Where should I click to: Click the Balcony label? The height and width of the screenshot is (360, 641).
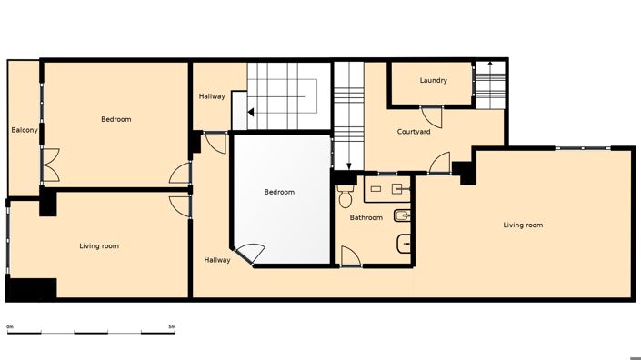click(25, 131)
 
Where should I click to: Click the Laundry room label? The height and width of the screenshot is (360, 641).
click(434, 80)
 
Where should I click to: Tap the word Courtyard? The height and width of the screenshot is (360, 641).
click(414, 132)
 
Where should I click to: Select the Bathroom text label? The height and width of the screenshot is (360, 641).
click(366, 217)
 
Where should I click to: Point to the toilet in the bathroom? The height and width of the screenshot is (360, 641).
click(345, 195)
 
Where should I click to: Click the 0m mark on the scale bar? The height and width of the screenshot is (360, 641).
click(9, 325)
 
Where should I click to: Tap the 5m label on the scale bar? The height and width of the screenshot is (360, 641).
click(172, 325)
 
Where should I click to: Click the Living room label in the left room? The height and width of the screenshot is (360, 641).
click(99, 245)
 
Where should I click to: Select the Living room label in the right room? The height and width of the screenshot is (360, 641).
click(523, 225)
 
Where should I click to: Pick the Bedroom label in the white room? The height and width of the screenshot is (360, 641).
click(279, 192)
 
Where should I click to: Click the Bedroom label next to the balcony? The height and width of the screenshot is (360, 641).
click(115, 119)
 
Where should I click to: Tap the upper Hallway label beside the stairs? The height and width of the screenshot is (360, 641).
click(212, 96)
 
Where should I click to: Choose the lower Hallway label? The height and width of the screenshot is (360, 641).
click(216, 260)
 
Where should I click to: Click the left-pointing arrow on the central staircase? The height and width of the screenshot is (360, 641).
click(239, 112)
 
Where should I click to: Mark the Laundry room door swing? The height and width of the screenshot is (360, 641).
click(436, 115)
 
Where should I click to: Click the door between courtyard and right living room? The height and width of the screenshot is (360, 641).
click(440, 163)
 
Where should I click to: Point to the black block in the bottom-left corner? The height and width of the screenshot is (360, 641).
click(31, 288)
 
